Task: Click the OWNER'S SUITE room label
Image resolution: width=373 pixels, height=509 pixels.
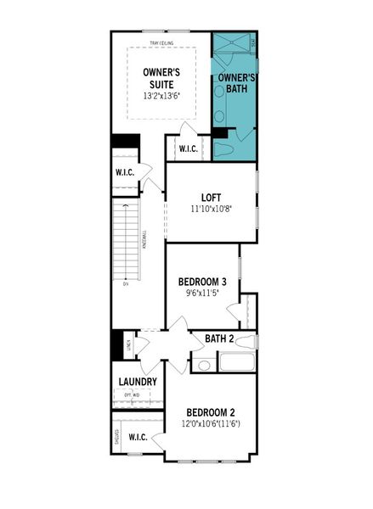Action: pos(161,78)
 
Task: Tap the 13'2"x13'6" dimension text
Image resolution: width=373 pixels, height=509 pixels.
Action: pos(161,97)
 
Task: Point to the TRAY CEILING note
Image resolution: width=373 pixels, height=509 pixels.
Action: pos(161,42)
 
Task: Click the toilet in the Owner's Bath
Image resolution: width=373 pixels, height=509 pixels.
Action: pos(227,148)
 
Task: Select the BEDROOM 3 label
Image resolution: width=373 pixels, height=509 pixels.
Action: pos(201,282)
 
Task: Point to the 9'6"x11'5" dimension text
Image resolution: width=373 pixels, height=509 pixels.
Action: pos(201,294)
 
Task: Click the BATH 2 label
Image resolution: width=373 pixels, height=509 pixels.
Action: pos(219,339)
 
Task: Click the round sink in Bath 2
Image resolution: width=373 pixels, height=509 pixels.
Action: pos(204,366)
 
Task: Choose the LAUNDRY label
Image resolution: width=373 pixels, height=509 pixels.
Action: pos(136,382)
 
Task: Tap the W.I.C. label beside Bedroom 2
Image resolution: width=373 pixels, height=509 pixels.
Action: pos(138,437)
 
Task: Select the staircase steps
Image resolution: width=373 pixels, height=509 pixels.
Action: pos(127,246)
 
